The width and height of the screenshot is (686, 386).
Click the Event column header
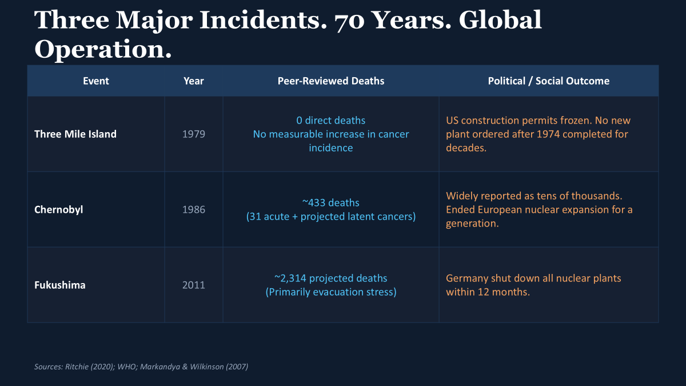tap(96, 81)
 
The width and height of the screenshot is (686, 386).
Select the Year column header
tap(194, 81)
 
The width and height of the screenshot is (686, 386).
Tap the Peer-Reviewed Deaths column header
tap(331, 81)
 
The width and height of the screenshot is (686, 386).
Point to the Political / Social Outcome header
tap(548, 81)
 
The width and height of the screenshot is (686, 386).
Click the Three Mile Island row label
tap(75, 134)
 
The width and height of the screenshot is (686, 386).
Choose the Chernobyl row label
tap(58, 210)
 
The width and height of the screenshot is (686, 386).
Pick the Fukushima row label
tap(59, 285)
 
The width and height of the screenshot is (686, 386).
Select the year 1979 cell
tap(194, 134)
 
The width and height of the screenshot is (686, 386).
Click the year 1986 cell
tap(194, 209)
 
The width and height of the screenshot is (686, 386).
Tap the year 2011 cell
tap(194, 285)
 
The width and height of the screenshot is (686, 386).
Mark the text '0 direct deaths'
tap(331, 121)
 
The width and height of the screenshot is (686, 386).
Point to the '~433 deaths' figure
tap(331, 203)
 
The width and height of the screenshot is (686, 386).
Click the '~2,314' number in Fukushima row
tap(290, 278)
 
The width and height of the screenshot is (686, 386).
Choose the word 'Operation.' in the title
tap(103, 50)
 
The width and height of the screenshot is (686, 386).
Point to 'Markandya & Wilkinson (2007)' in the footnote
tap(194, 367)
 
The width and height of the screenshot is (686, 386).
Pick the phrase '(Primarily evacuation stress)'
tap(331, 292)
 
